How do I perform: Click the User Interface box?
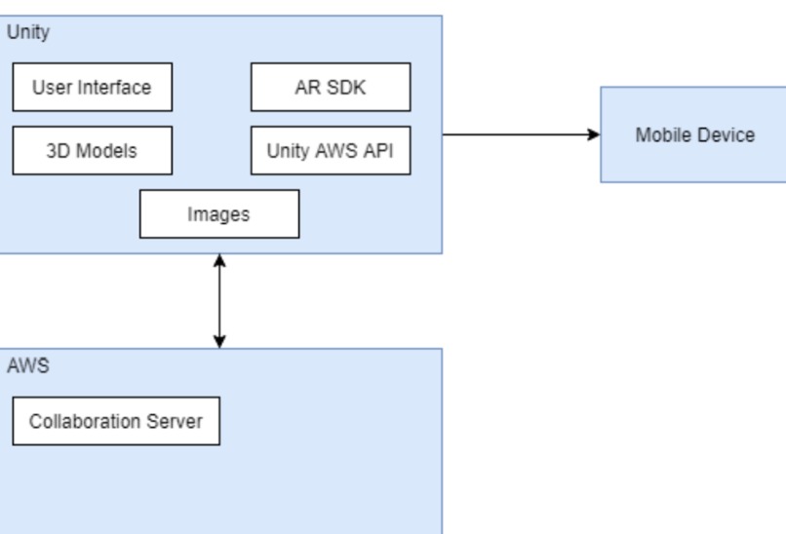point(93,88)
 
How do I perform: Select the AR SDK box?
point(330,88)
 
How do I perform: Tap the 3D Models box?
point(93,151)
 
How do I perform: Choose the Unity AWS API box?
point(330,151)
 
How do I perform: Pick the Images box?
point(219,214)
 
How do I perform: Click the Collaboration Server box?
point(115,422)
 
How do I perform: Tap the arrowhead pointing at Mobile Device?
point(593,134)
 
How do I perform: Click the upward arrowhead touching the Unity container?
point(219,260)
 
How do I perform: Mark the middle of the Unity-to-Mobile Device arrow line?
point(521,134)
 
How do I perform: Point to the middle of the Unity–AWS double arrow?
point(219,300)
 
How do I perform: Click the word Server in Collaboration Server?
point(177,422)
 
